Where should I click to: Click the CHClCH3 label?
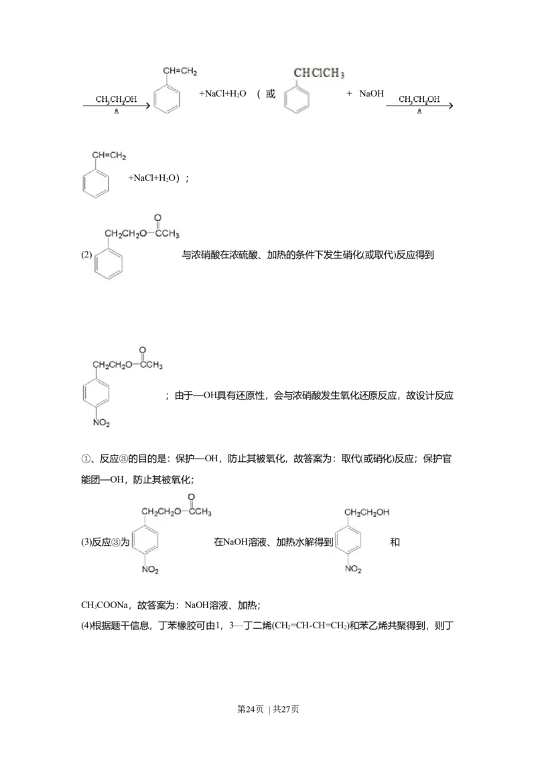click(x=319, y=74)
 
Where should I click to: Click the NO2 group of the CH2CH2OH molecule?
click(x=353, y=569)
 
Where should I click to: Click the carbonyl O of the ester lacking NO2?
click(x=157, y=218)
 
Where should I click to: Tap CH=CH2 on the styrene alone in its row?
click(x=109, y=156)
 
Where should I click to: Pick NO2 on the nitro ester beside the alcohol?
click(x=149, y=570)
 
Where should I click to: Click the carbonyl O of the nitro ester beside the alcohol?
click(x=191, y=497)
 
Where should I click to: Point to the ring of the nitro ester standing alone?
click(x=98, y=393)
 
